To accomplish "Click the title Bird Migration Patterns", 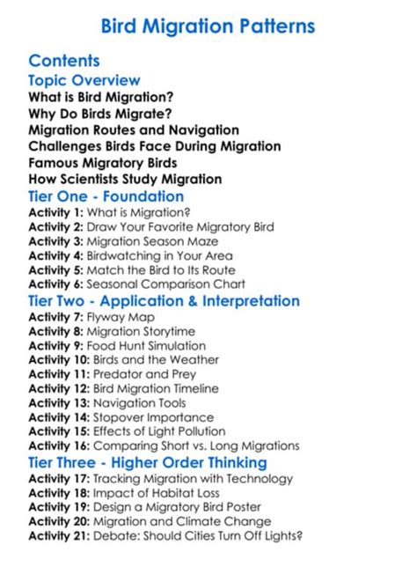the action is (x=208, y=26).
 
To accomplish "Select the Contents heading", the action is (x=64, y=61).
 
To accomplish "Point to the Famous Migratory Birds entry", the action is (x=102, y=163).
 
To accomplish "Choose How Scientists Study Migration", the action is (x=125, y=180).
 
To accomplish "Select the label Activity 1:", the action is (x=55, y=212).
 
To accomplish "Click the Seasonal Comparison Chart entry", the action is (x=179, y=284).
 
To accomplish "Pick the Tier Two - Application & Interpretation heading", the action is (x=164, y=301).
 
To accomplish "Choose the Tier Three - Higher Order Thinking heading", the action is (x=146, y=462).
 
